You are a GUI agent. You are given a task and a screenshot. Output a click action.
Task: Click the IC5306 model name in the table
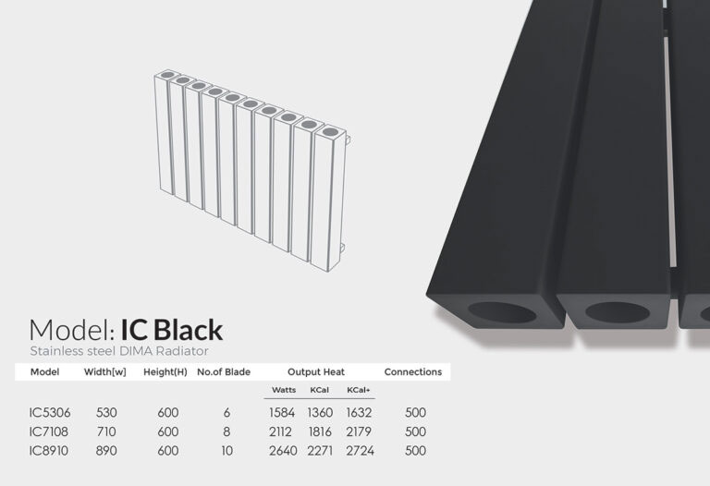pos(50,413)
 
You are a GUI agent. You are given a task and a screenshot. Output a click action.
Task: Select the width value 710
pos(106,431)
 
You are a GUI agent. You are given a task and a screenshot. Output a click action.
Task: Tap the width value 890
pos(106,451)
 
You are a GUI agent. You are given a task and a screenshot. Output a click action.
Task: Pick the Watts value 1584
pos(282,413)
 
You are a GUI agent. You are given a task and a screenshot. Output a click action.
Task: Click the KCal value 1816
pos(320,431)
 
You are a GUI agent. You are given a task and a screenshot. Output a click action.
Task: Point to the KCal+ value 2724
pos(360,451)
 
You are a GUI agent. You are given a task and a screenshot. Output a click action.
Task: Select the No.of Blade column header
pos(224,372)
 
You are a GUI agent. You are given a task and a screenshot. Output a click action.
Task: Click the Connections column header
pos(413,372)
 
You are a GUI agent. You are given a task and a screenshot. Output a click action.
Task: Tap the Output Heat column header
pos(316,372)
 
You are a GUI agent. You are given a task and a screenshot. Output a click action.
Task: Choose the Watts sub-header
pos(284,390)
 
